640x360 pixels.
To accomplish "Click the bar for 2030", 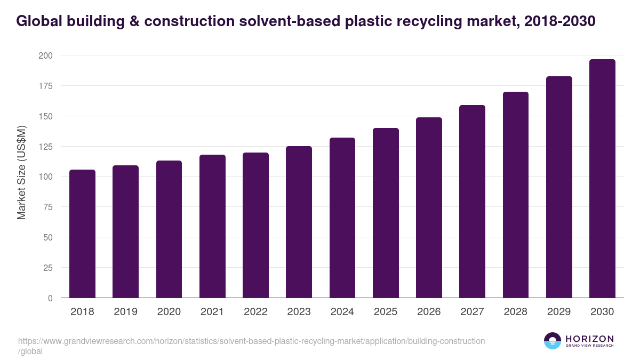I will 602,179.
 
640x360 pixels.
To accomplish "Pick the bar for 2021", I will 212,226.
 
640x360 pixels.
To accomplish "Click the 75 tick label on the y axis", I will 47,207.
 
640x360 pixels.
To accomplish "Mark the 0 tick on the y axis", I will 50,298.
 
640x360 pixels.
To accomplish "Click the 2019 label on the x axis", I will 125,312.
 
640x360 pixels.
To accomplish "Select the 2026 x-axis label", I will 429,312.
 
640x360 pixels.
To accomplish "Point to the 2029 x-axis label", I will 559,312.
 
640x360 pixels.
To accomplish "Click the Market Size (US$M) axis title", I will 21,173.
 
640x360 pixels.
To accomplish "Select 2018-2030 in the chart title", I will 560,21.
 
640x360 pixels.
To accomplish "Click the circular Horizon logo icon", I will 553,341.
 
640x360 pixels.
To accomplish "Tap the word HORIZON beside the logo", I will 589,339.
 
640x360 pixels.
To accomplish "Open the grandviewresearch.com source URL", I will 251,341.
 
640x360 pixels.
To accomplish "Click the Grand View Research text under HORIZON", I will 589,346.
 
